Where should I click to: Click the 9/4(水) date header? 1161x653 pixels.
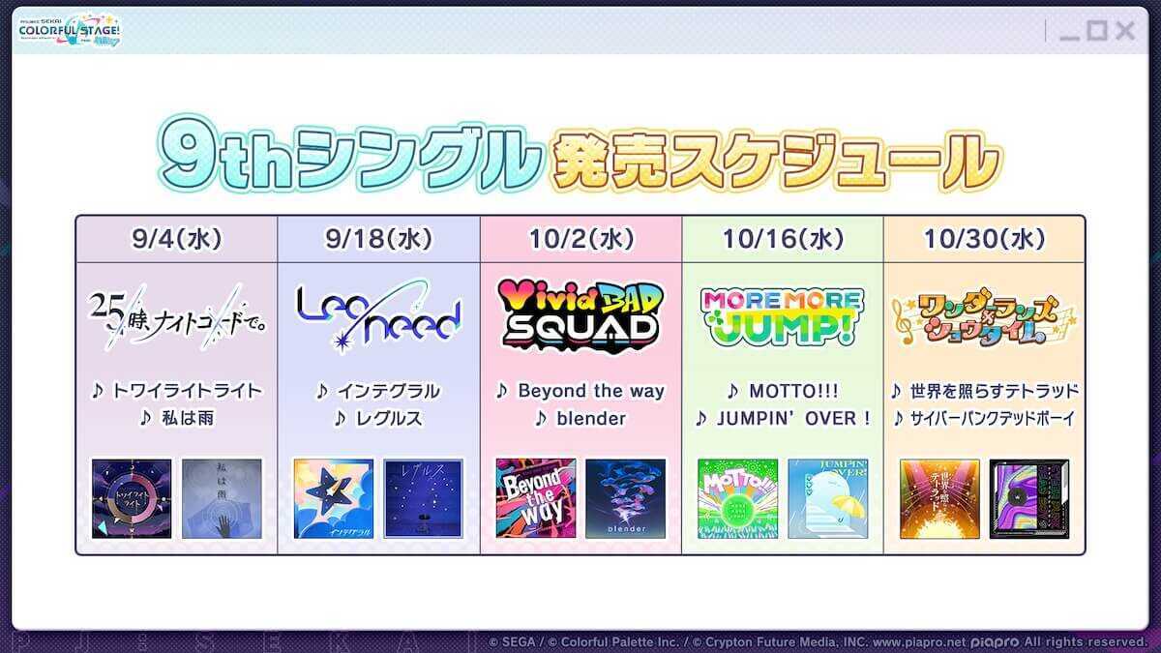(176, 239)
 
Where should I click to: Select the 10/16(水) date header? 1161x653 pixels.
(783, 239)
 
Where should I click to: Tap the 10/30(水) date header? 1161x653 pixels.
(984, 239)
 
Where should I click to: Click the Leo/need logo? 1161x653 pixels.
(378, 314)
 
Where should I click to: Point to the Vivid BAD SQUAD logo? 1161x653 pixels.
(580, 314)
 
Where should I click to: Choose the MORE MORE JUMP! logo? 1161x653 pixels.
(783, 315)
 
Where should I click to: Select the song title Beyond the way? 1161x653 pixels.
(591, 391)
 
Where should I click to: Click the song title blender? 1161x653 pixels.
(591, 419)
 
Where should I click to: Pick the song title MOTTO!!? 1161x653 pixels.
(793, 391)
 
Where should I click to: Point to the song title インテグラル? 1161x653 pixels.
(388, 391)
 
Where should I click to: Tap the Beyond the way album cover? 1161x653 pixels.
(535, 498)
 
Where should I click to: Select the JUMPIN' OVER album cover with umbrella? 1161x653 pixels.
(827, 498)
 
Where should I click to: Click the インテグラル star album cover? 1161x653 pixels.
(333, 498)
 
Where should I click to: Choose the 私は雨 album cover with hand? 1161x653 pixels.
(222, 498)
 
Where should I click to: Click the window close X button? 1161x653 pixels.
(1124, 31)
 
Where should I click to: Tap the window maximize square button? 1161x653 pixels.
(1096, 31)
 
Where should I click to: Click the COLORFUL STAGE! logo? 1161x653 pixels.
(70, 31)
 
